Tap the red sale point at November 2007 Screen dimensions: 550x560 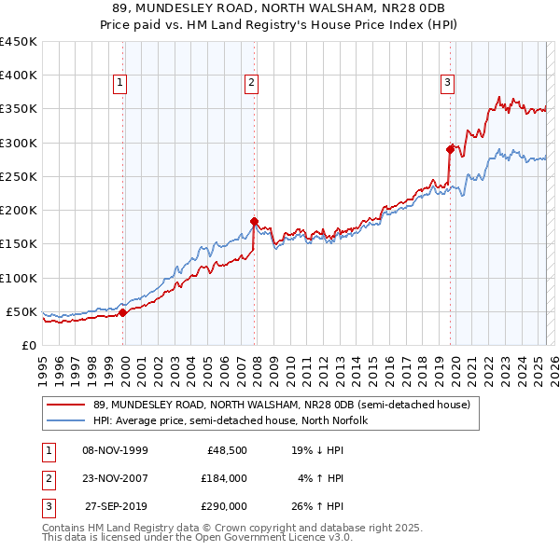point(254,221)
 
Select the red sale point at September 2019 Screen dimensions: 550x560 point(450,149)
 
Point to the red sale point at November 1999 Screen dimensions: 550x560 point(123,312)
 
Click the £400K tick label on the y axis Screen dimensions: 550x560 point(18,76)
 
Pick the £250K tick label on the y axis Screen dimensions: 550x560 point(18,176)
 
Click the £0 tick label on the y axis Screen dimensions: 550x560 point(27,345)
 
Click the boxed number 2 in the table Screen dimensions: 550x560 point(47,478)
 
